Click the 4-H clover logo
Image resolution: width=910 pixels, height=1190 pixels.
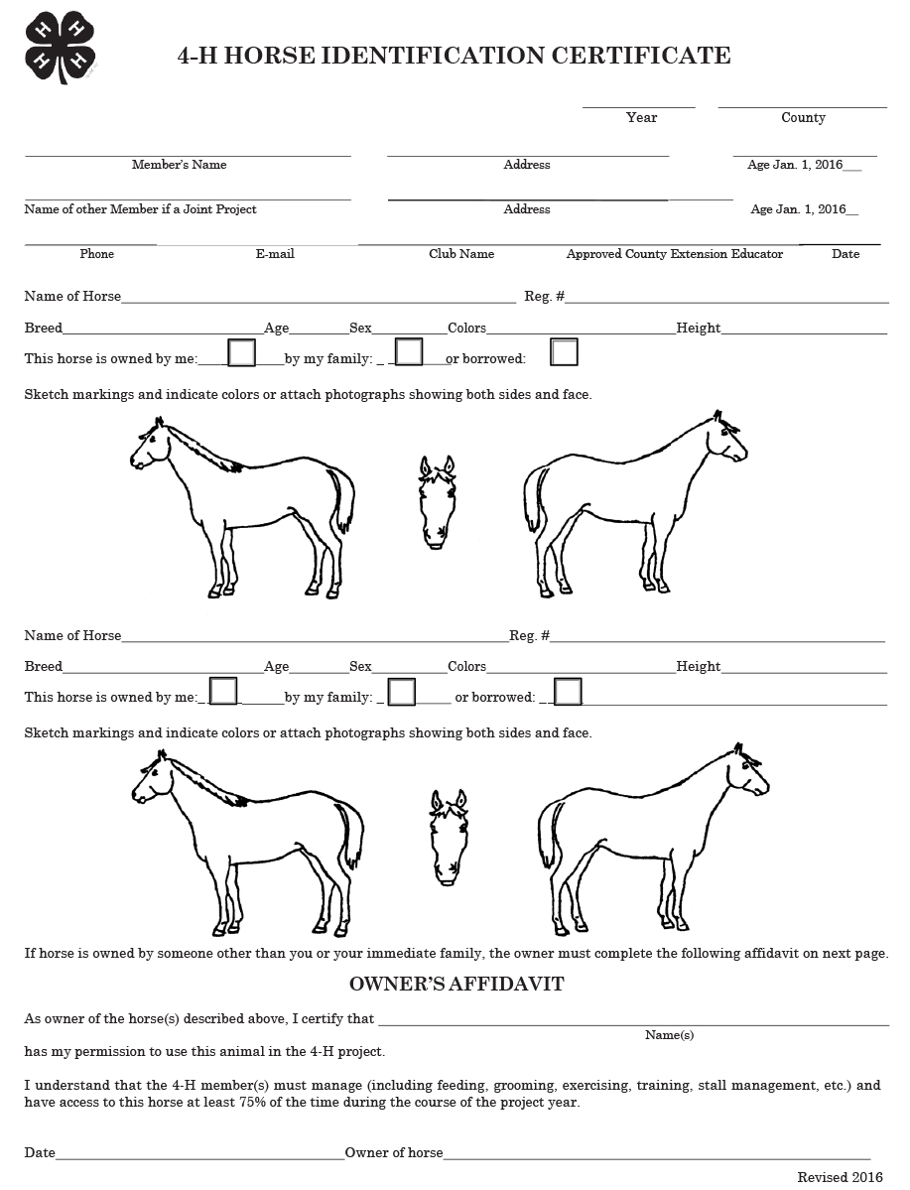(61, 48)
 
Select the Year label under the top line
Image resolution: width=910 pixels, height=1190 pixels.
(641, 117)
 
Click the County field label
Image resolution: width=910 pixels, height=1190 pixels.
(803, 117)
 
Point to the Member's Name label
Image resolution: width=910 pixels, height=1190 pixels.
(179, 165)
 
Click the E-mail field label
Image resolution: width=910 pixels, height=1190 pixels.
(275, 254)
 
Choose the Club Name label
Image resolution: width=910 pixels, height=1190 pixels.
(461, 254)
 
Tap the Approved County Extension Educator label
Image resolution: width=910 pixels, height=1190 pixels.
(675, 254)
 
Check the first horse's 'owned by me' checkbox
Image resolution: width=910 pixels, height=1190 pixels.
(242, 352)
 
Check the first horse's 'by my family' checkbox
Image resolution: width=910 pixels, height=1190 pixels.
(409, 352)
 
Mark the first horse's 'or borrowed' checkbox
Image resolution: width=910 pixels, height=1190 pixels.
(564, 352)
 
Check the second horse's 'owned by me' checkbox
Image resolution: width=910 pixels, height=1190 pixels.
(223, 691)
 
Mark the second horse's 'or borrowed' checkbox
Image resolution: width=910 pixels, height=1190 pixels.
(568, 691)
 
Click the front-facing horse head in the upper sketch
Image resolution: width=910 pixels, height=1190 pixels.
(437, 501)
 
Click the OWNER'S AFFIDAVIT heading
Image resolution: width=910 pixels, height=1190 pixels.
(456, 985)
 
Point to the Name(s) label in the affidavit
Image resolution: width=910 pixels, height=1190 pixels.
(669, 1035)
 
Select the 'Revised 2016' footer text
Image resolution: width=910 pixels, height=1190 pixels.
(840, 1177)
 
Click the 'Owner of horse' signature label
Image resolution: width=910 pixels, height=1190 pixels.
(394, 1152)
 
